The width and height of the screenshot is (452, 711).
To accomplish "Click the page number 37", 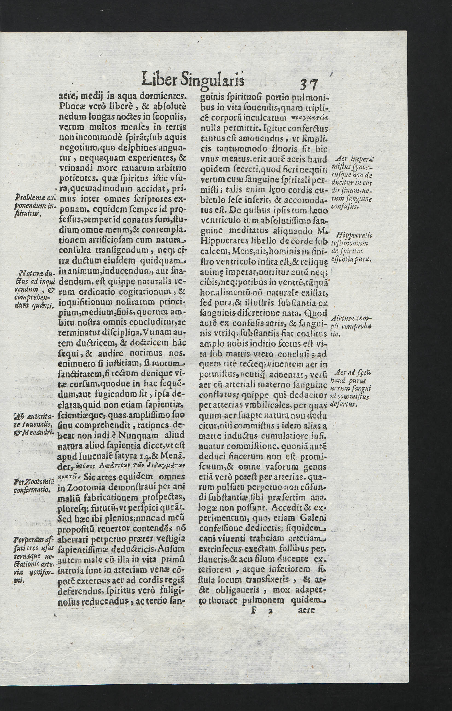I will (x=308, y=85).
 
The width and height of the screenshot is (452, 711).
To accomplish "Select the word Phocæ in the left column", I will (x=71, y=106).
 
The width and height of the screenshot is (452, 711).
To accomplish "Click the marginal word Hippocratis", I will (x=354, y=236).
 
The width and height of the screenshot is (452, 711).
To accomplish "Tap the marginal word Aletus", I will (x=341, y=319).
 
